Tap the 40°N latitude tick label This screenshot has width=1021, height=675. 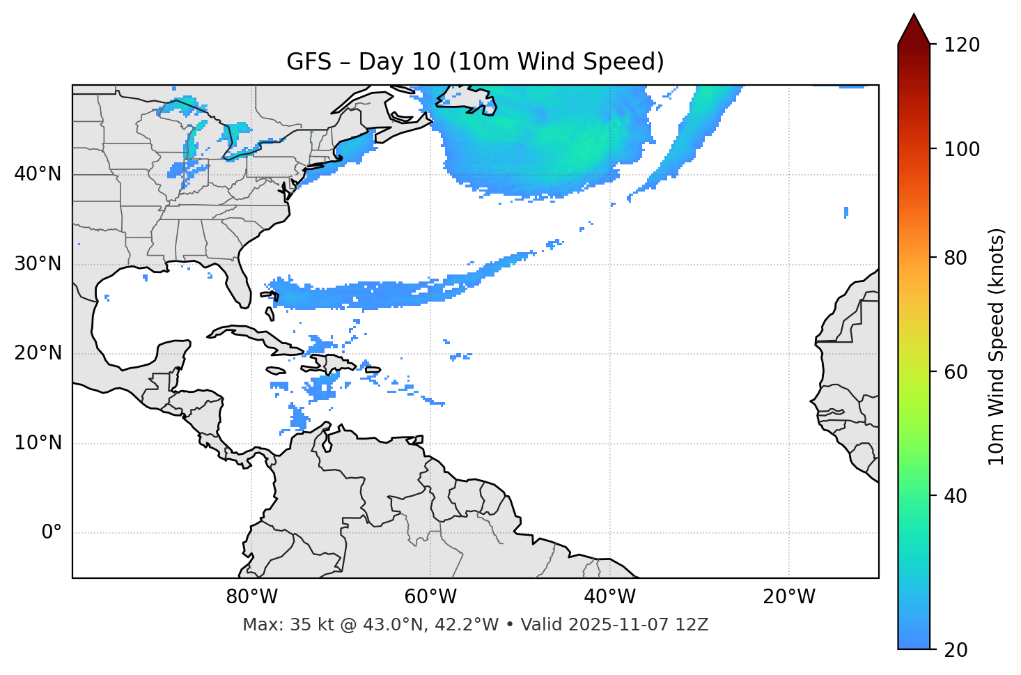point(38,174)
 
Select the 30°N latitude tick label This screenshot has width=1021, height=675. point(38,264)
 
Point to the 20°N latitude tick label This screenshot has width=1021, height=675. point(38,353)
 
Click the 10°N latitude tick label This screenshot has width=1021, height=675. point(38,443)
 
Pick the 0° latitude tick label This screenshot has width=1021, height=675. point(51,533)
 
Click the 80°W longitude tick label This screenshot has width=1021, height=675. point(251,597)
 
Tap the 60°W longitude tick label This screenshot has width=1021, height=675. point(430,597)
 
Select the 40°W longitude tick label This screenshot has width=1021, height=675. point(609,597)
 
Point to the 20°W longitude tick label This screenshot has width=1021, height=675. point(788,597)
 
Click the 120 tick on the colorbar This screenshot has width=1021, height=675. point(962,45)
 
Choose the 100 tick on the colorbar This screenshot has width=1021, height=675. point(962,149)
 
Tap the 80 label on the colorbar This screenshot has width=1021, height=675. point(956,258)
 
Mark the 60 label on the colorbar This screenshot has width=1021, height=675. point(956,372)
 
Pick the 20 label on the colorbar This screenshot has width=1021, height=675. point(956,650)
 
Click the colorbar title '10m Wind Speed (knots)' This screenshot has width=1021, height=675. point(997,346)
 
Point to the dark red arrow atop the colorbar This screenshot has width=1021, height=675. point(914,29)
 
